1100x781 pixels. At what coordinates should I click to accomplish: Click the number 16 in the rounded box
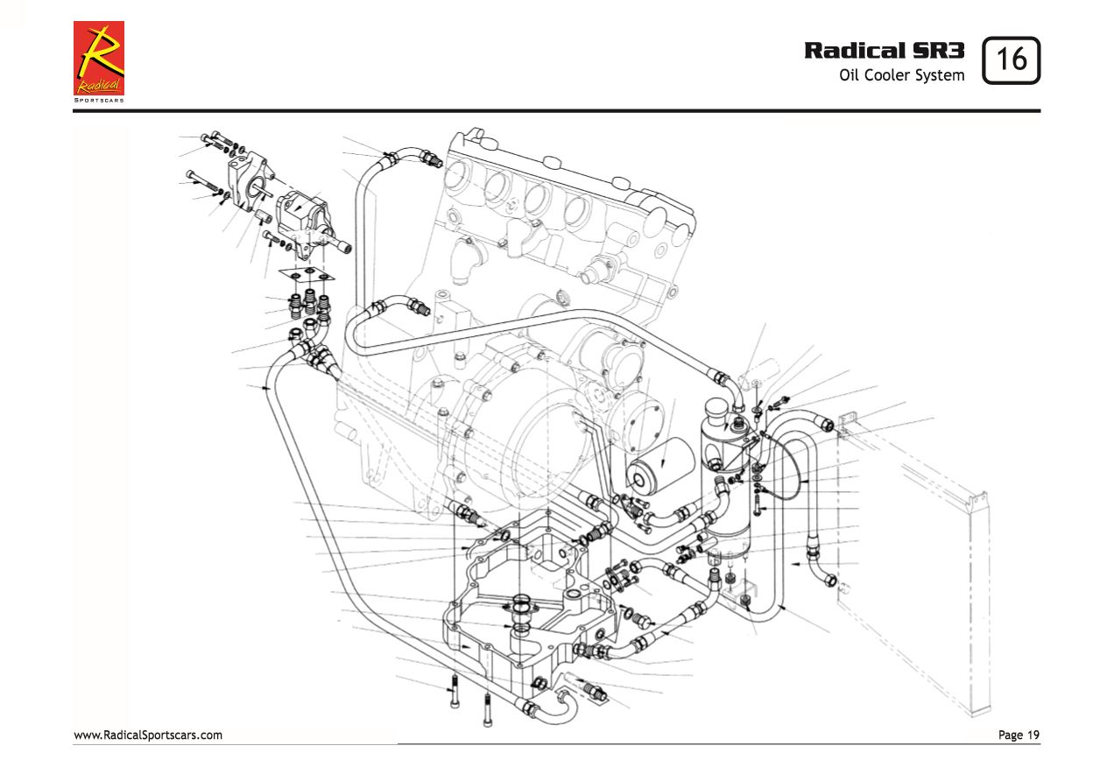(1012, 60)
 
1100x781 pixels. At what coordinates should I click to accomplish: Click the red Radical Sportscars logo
(98, 58)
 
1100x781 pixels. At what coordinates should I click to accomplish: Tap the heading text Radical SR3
(885, 50)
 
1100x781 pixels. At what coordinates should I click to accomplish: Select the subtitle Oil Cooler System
(901, 75)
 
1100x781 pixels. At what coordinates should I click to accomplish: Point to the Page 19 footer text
(1019, 735)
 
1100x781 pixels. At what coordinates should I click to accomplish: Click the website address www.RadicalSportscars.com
(147, 735)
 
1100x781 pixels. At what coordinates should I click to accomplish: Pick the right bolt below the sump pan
(488, 710)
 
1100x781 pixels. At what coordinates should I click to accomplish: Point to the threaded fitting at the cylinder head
(431, 161)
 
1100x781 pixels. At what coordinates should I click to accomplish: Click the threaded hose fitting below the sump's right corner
(592, 692)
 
